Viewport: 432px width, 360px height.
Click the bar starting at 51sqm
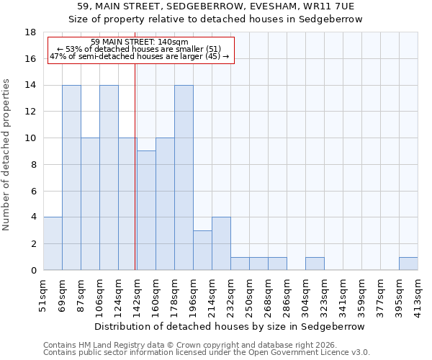(53, 243)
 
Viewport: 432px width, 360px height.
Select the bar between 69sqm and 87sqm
(71, 177)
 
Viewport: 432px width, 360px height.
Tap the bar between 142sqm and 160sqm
(146, 210)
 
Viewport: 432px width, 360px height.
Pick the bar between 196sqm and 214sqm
(202, 250)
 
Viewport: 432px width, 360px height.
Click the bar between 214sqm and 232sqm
(221, 243)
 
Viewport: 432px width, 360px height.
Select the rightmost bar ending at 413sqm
(408, 264)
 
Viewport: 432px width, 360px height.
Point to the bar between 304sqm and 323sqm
(315, 264)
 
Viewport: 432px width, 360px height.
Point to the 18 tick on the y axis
(31, 32)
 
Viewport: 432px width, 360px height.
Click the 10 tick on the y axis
(31, 138)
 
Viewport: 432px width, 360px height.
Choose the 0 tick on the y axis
(34, 270)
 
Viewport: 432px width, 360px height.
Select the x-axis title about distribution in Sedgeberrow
(230, 326)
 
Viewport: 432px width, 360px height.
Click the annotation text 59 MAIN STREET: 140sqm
(140, 42)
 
